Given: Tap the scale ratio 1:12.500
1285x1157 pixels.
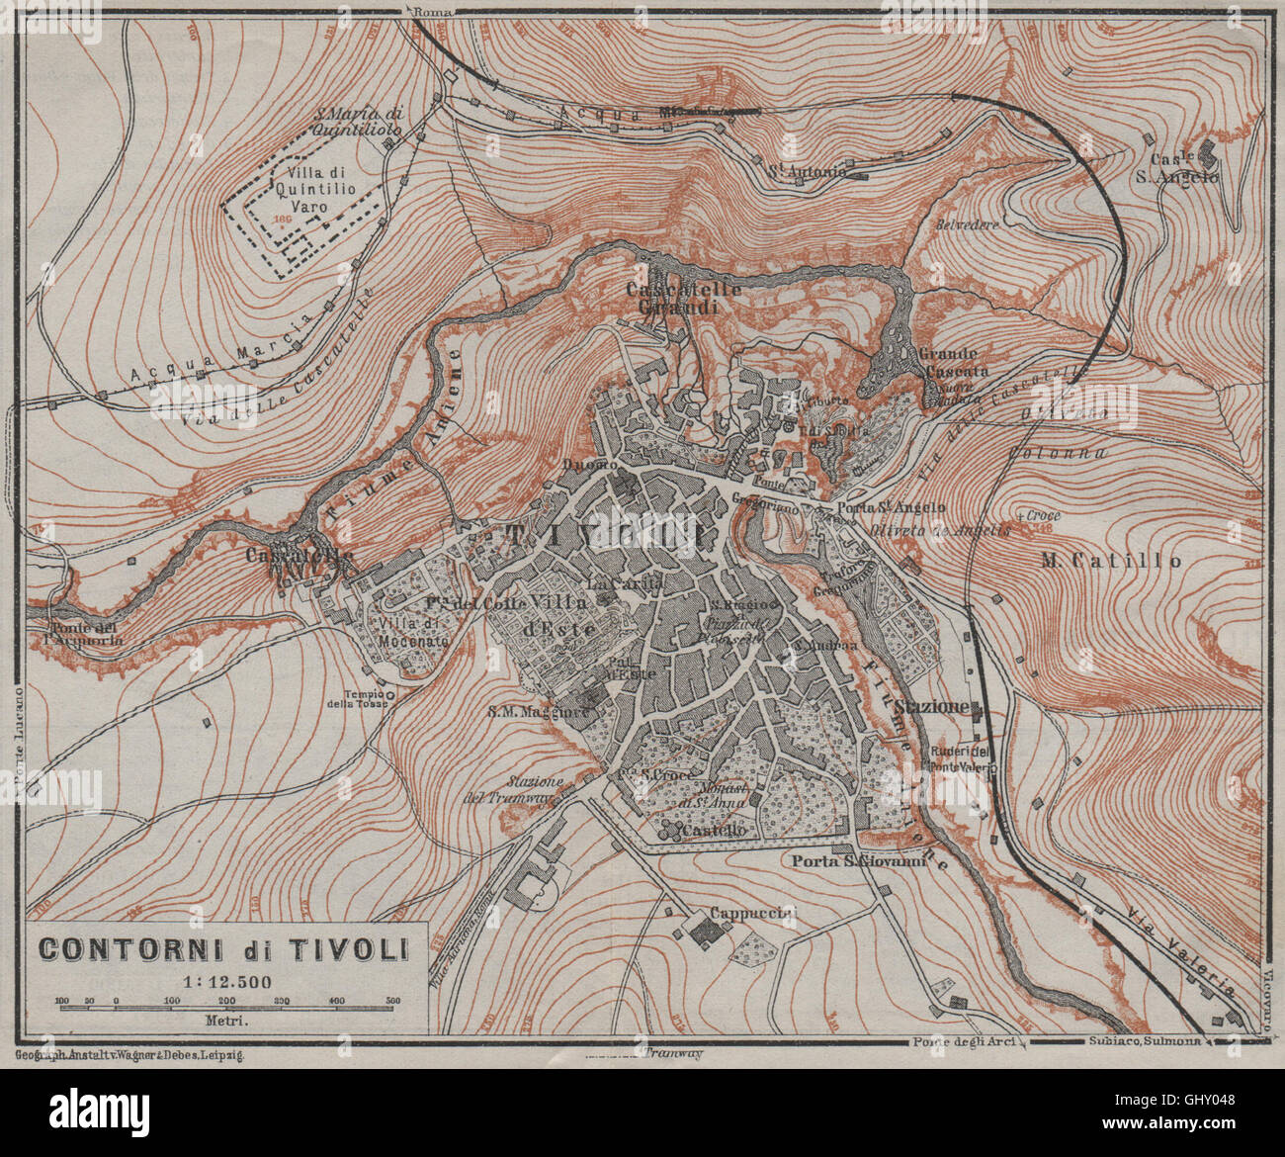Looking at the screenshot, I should [224, 982].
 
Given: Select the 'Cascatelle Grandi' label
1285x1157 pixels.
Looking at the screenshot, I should [670, 298].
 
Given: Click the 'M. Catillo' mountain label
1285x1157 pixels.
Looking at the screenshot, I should [1111, 561].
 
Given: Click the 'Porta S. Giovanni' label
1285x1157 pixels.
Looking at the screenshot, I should [858, 862].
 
